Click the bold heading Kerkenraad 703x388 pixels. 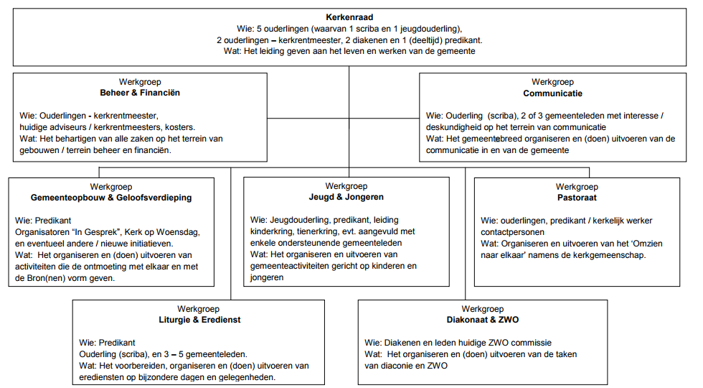pos(349,17)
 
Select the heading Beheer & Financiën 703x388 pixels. pos(140,93)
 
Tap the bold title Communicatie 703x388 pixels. pos(552,93)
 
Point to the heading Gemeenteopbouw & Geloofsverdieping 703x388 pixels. pos(111,198)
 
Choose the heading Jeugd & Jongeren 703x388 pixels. pos(346,197)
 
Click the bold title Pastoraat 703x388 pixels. pos(577,198)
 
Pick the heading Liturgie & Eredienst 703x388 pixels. pos(199,320)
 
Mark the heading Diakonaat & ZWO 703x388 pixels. pos(482,320)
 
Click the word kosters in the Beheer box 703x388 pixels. pos(180,127)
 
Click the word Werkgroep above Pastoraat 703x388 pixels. pos(577,187)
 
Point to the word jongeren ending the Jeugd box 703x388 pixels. pos(267,277)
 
